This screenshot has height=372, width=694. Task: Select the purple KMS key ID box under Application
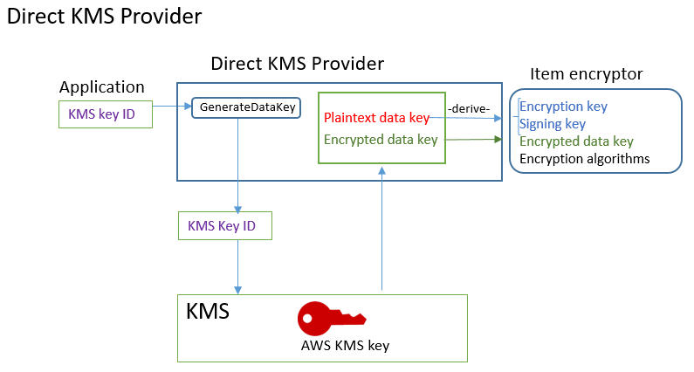click(x=101, y=114)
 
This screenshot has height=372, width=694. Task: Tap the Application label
click(x=101, y=87)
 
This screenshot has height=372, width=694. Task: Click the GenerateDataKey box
click(x=247, y=107)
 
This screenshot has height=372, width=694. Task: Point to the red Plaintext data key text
click(x=376, y=118)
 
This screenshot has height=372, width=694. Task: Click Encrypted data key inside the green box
click(x=380, y=139)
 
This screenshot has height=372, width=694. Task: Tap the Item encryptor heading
click(x=586, y=74)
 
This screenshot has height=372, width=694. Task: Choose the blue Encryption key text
click(x=563, y=107)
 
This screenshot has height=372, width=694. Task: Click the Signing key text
click(x=552, y=124)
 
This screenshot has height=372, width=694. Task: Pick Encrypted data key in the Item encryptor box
click(x=576, y=141)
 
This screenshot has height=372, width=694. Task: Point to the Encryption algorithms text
click(x=584, y=159)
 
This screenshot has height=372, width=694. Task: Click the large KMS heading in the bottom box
click(x=208, y=312)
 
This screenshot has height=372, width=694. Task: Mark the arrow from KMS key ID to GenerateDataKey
click(x=169, y=107)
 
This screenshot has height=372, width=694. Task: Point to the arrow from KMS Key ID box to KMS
click(x=237, y=267)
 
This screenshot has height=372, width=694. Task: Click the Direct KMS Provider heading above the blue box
click(x=297, y=64)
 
